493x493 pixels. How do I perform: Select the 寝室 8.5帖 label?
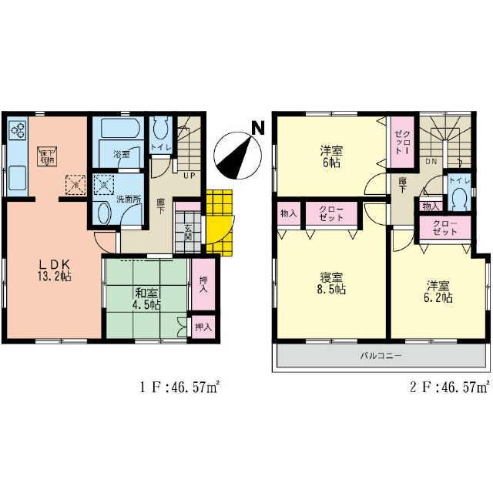coord(333,283)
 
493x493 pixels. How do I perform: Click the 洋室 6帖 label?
coord(332,156)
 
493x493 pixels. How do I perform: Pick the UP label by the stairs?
coord(188,176)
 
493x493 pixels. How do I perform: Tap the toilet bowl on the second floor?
coord(460,199)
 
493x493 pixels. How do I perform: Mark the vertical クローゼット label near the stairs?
coord(402,142)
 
